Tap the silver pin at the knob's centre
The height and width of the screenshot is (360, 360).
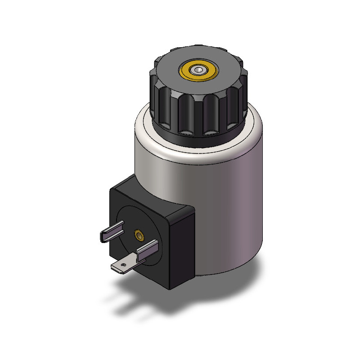point(198,69)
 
